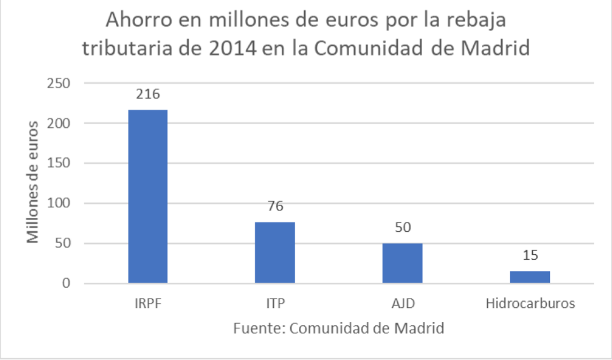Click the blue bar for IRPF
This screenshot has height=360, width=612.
[148, 196]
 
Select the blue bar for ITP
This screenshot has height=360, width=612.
[275, 252]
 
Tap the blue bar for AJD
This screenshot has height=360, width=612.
[402, 263]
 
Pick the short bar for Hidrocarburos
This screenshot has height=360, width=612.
[530, 277]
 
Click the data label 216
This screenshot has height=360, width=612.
[148, 94]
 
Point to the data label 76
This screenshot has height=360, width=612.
[275, 207]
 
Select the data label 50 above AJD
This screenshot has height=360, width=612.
[402, 228]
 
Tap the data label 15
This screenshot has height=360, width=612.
[530, 255]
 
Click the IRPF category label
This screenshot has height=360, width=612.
[148, 303]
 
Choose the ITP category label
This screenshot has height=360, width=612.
[275, 303]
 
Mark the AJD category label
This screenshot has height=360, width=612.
[402, 303]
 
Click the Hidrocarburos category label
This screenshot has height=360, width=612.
[530, 303]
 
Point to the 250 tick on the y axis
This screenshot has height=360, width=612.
[58, 83]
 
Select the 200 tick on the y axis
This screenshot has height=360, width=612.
[58, 123]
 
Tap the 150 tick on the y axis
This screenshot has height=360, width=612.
[58, 163]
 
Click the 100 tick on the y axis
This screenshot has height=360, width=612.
[58, 203]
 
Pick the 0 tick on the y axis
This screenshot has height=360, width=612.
[65, 283]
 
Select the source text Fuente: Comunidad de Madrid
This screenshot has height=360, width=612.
[338, 328]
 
